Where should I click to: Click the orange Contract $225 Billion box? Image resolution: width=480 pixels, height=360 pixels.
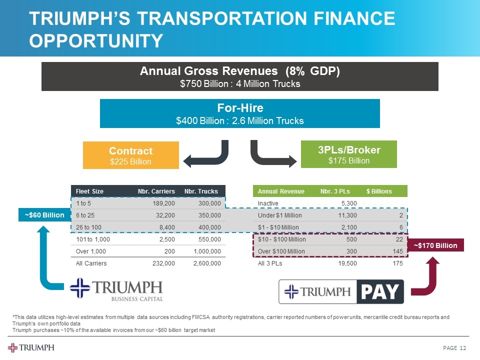(x=130, y=155)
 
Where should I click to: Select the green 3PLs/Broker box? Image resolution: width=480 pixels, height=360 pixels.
(x=348, y=154)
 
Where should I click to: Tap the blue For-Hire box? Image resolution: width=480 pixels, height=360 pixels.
(x=240, y=113)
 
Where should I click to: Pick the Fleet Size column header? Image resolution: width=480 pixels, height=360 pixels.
(x=89, y=191)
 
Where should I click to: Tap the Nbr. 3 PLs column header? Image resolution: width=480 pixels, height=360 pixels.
(x=334, y=191)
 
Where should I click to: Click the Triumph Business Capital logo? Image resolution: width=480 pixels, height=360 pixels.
(x=116, y=290)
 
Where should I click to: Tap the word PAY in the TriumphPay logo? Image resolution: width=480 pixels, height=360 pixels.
(x=379, y=292)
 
